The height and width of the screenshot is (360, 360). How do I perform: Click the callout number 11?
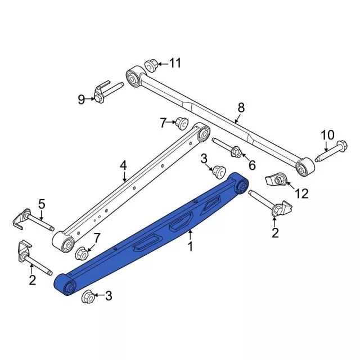(x=175, y=63)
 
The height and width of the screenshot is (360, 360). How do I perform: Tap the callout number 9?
(x=82, y=100)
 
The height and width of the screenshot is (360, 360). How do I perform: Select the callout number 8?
(x=241, y=107)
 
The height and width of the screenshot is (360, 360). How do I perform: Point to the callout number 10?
(x=327, y=135)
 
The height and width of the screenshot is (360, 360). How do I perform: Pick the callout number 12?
(x=302, y=193)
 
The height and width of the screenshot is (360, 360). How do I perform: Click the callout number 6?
(x=252, y=165)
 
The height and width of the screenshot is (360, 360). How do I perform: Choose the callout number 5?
(x=41, y=203)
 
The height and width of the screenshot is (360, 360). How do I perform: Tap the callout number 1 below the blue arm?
(x=190, y=246)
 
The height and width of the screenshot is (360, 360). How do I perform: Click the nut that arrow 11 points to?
(x=151, y=65)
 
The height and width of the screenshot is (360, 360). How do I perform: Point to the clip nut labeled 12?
(x=276, y=179)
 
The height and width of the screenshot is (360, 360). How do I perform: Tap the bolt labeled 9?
(x=107, y=91)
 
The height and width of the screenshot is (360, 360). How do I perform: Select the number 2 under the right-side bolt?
(x=275, y=232)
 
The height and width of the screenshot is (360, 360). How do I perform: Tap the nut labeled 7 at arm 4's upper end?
(x=181, y=122)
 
